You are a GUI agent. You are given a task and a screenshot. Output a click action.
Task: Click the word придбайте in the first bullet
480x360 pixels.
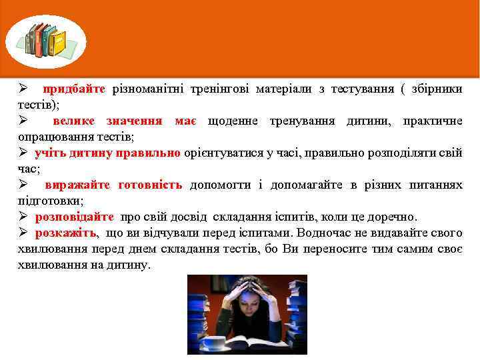(74, 89)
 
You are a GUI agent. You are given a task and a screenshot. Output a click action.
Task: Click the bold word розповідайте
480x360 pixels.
(74, 217)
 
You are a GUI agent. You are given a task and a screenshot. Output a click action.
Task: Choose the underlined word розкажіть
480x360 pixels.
(65, 233)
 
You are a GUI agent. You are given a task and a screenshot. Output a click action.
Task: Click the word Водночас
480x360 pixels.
(322, 233)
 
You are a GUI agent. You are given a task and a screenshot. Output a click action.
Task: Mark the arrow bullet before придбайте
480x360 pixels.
(22, 89)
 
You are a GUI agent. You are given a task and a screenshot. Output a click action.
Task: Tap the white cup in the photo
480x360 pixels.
(214, 341)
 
